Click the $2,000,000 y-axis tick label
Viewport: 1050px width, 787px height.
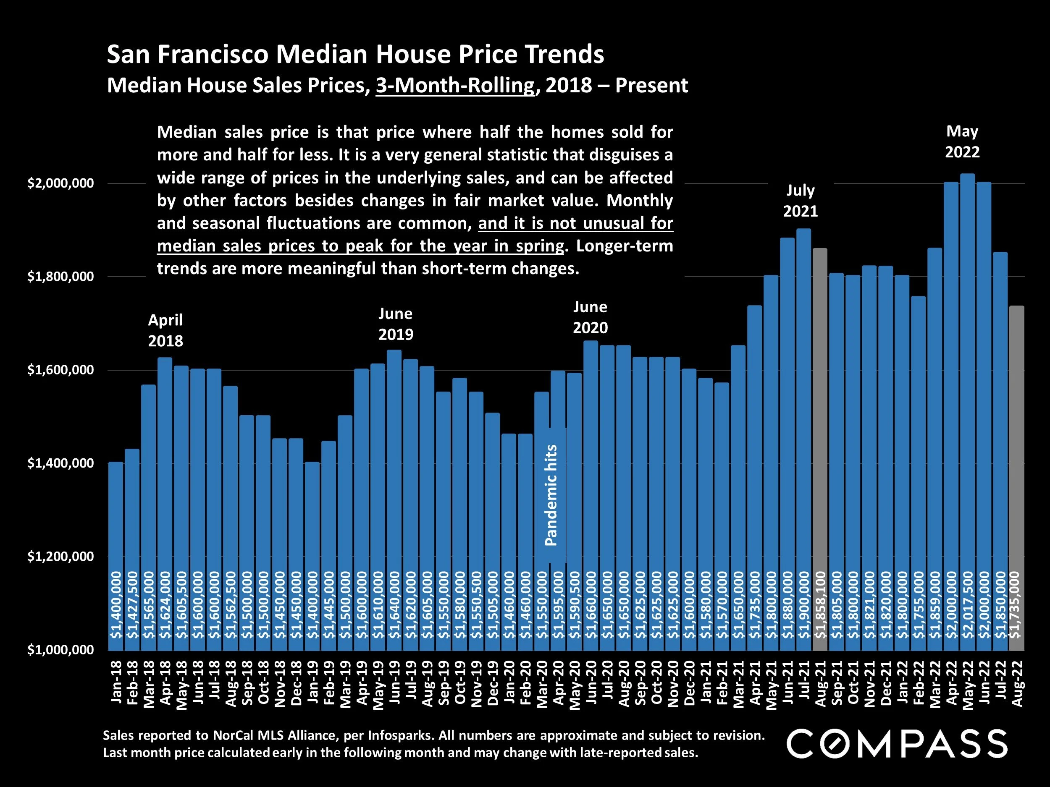[x=60, y=183]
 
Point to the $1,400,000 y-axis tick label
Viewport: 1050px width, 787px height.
[x=60, y=463]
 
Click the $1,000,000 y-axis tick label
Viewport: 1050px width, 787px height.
[x=60, y=650]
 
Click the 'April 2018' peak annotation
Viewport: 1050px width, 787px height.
[x=165, y=330]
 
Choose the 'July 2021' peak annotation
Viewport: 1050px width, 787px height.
[x=801, y=200]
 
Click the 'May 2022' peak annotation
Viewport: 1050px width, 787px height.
[x=962, y=141]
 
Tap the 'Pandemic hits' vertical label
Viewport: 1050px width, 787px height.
[x=551, y=495]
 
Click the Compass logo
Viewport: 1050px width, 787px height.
[x=897, y=743]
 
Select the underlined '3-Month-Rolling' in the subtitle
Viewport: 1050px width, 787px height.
[x=455, y=85]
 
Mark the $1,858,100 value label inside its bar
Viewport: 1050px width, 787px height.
[x=820, y=604]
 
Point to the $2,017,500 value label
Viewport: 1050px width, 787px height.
[x=967, y=604]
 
